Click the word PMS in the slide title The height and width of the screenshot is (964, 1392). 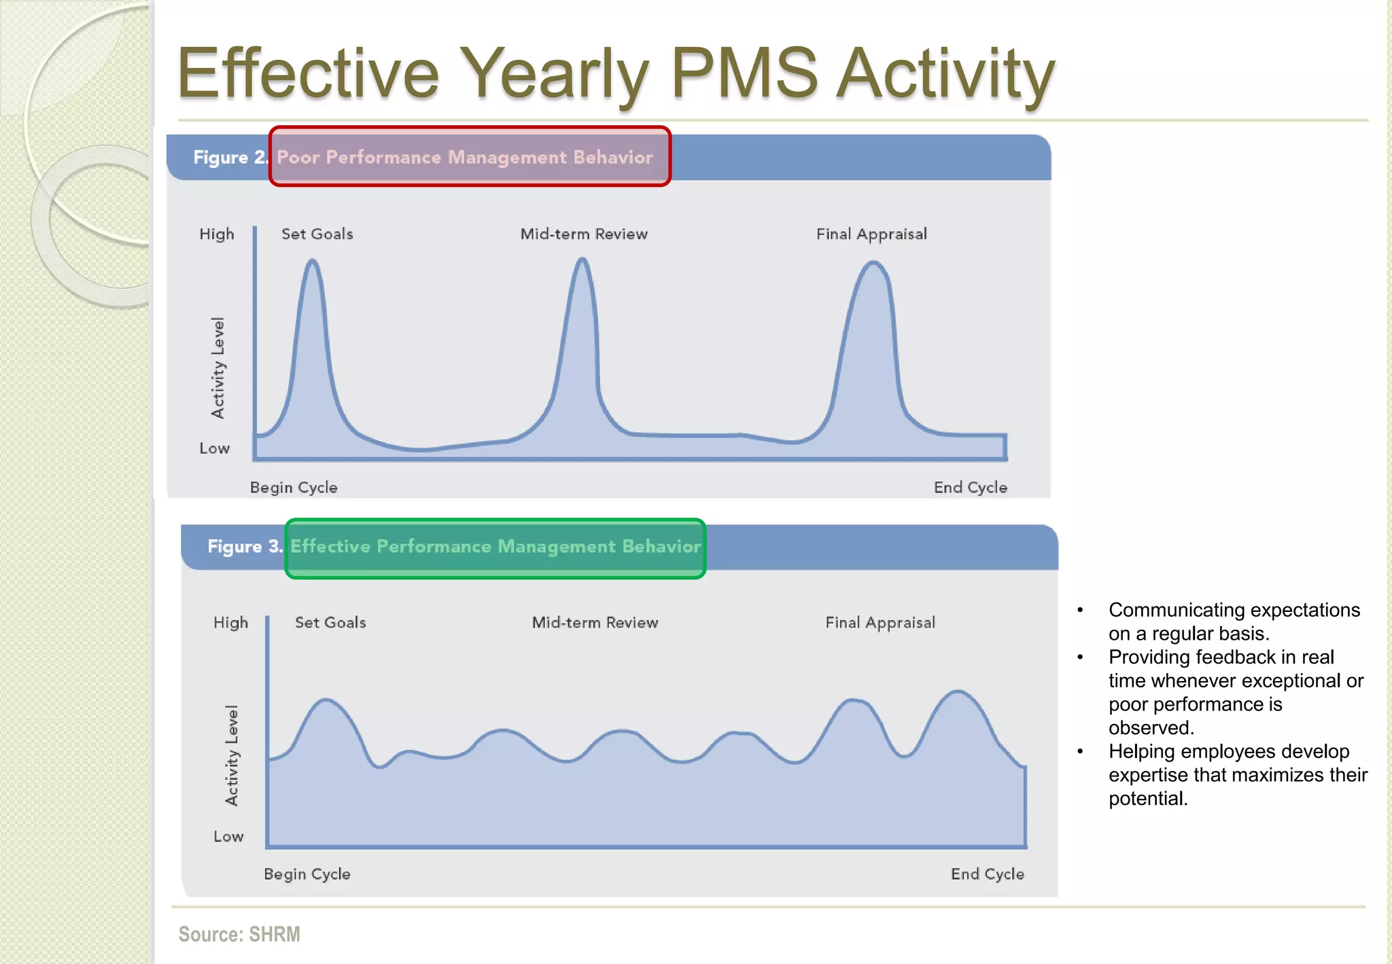[x=744, y=73]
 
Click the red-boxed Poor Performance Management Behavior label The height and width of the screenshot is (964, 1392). [x=469, y=157]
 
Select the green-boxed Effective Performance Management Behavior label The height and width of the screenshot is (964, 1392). [x=495, y=547]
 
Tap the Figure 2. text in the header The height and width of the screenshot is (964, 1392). [x=230, y=158]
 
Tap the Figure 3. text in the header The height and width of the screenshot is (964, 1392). [x=244, y=547]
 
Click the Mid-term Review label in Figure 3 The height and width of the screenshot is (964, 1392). [x=595, y=623]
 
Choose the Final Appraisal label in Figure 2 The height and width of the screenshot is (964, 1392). [x=871, y=235]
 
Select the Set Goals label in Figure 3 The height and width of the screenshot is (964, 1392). [x=330, y=623]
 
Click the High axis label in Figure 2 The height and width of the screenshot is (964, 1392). [x=216, y=235]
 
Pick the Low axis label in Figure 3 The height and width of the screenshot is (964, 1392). [x=228, y=837]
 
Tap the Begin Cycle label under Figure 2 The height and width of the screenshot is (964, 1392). [x=294, y=487]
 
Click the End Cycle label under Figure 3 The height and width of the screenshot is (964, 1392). [x=987, y=874]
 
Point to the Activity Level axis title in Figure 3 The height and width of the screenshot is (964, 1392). [x=232, y=756]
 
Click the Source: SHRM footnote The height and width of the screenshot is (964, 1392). [x=239, y=934]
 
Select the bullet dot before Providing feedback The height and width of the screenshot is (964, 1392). [x=1080, y=657]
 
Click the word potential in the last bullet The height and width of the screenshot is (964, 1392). [x=1147, y=799]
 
